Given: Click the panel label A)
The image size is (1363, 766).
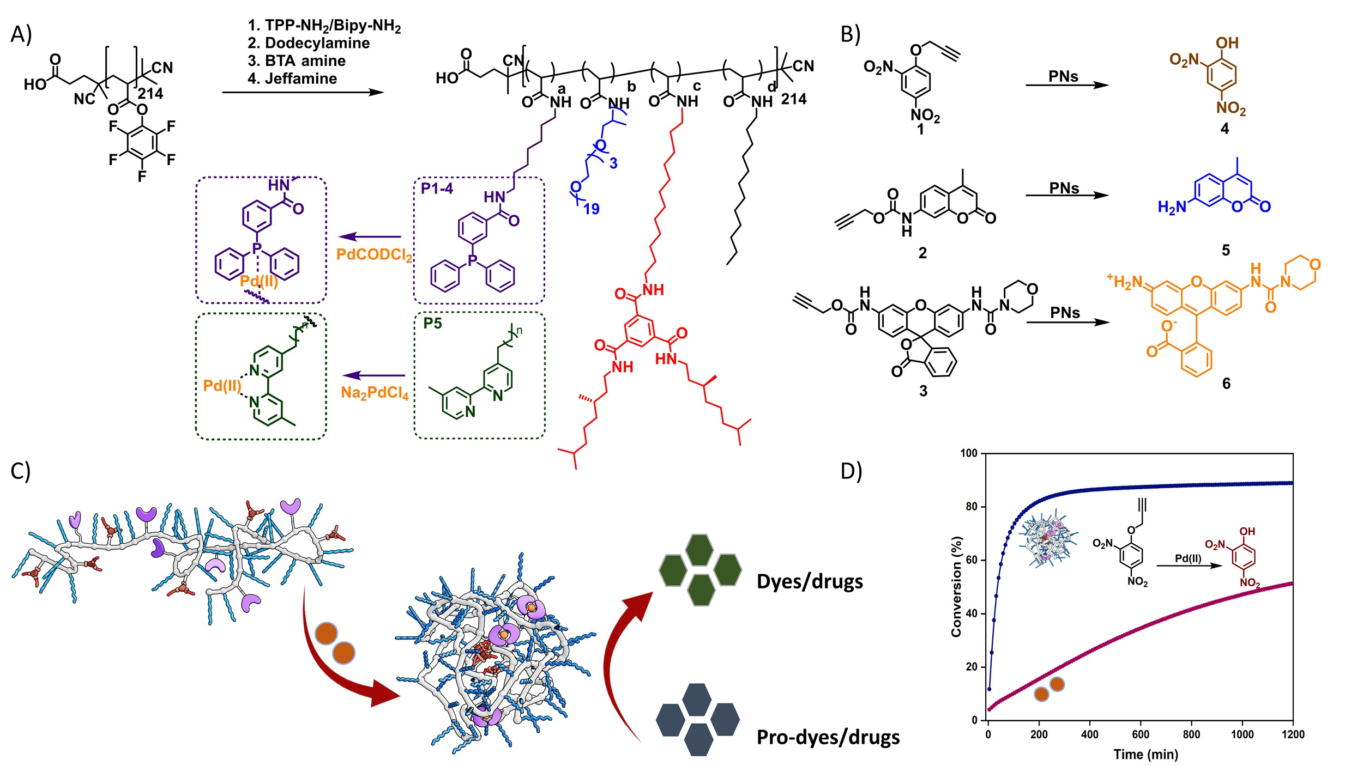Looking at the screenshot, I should tap(21, 34).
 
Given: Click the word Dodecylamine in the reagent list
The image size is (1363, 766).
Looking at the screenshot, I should tap(317, 43).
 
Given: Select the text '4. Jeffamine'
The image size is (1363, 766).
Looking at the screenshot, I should tap(292, 79).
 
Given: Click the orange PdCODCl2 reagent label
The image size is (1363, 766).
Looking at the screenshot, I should tap(374, 255).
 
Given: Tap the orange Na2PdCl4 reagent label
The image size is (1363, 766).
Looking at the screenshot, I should tap(375, 393).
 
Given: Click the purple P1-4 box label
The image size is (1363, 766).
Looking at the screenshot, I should tap(437, 189).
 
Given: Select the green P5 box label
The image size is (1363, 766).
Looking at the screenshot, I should tap(432, 323).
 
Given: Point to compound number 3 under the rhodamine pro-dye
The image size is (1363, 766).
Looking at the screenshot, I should tap(923, 391).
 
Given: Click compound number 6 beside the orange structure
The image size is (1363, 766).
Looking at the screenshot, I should tap(1226, 384).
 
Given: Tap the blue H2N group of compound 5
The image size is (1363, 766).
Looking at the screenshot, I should tap(1172, 207).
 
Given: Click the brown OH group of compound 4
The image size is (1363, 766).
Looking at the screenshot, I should tap(1227, 43).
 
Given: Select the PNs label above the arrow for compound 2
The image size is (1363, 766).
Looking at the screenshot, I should tap(1064, 189).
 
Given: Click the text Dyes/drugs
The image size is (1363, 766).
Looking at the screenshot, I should tap(810, 582).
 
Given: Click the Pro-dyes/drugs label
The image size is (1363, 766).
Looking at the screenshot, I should tap(828, 737).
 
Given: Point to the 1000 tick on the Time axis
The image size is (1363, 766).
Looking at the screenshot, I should tap(1242, 734).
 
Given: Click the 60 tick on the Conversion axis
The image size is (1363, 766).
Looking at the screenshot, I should tap(972, 560).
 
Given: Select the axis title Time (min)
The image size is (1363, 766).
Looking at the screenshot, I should tap(1145, 755).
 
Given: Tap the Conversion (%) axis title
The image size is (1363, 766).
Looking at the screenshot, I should tap(956, 586).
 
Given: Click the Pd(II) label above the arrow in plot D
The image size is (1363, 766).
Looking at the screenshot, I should tap(1188, 558).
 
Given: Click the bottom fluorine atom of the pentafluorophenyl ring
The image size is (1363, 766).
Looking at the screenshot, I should tap(142, 176).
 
